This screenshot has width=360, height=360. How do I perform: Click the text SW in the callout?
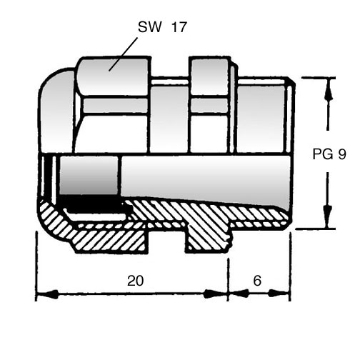pyautogui.click(x=149, y=27)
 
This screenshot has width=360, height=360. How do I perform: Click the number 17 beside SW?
pyautogui.click(x=179, y=27)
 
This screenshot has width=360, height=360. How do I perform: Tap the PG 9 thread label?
pyautogui.click(x=329, y=154)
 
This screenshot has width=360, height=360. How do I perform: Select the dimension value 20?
pyautogui.click(x=135, y=281)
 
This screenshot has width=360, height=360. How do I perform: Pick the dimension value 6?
pyautogui.click(x=257, y=281)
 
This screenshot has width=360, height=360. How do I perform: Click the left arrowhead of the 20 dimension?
pyautogui.click(x=48, y=294)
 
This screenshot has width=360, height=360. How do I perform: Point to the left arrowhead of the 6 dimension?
pyautogui.click(x=239, y=294)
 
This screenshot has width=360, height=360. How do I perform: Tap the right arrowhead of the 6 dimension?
pyautogui.click(x=279, y=294)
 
